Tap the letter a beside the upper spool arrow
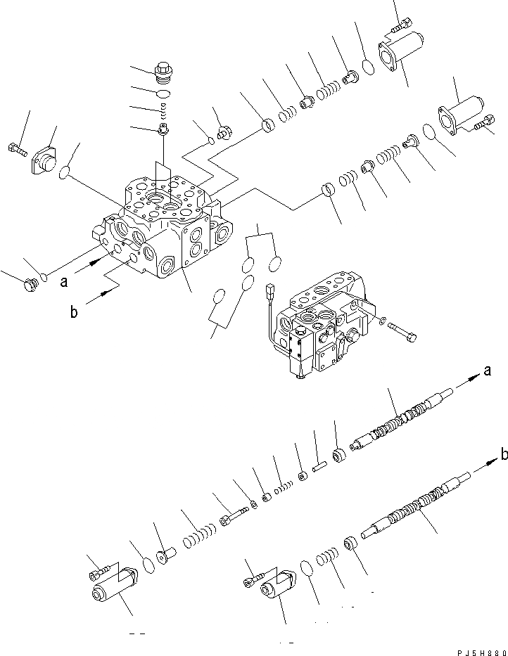[486, 371]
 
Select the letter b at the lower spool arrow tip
[502, 456]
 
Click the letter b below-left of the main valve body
[73, 312]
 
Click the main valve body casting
[162, 232]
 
